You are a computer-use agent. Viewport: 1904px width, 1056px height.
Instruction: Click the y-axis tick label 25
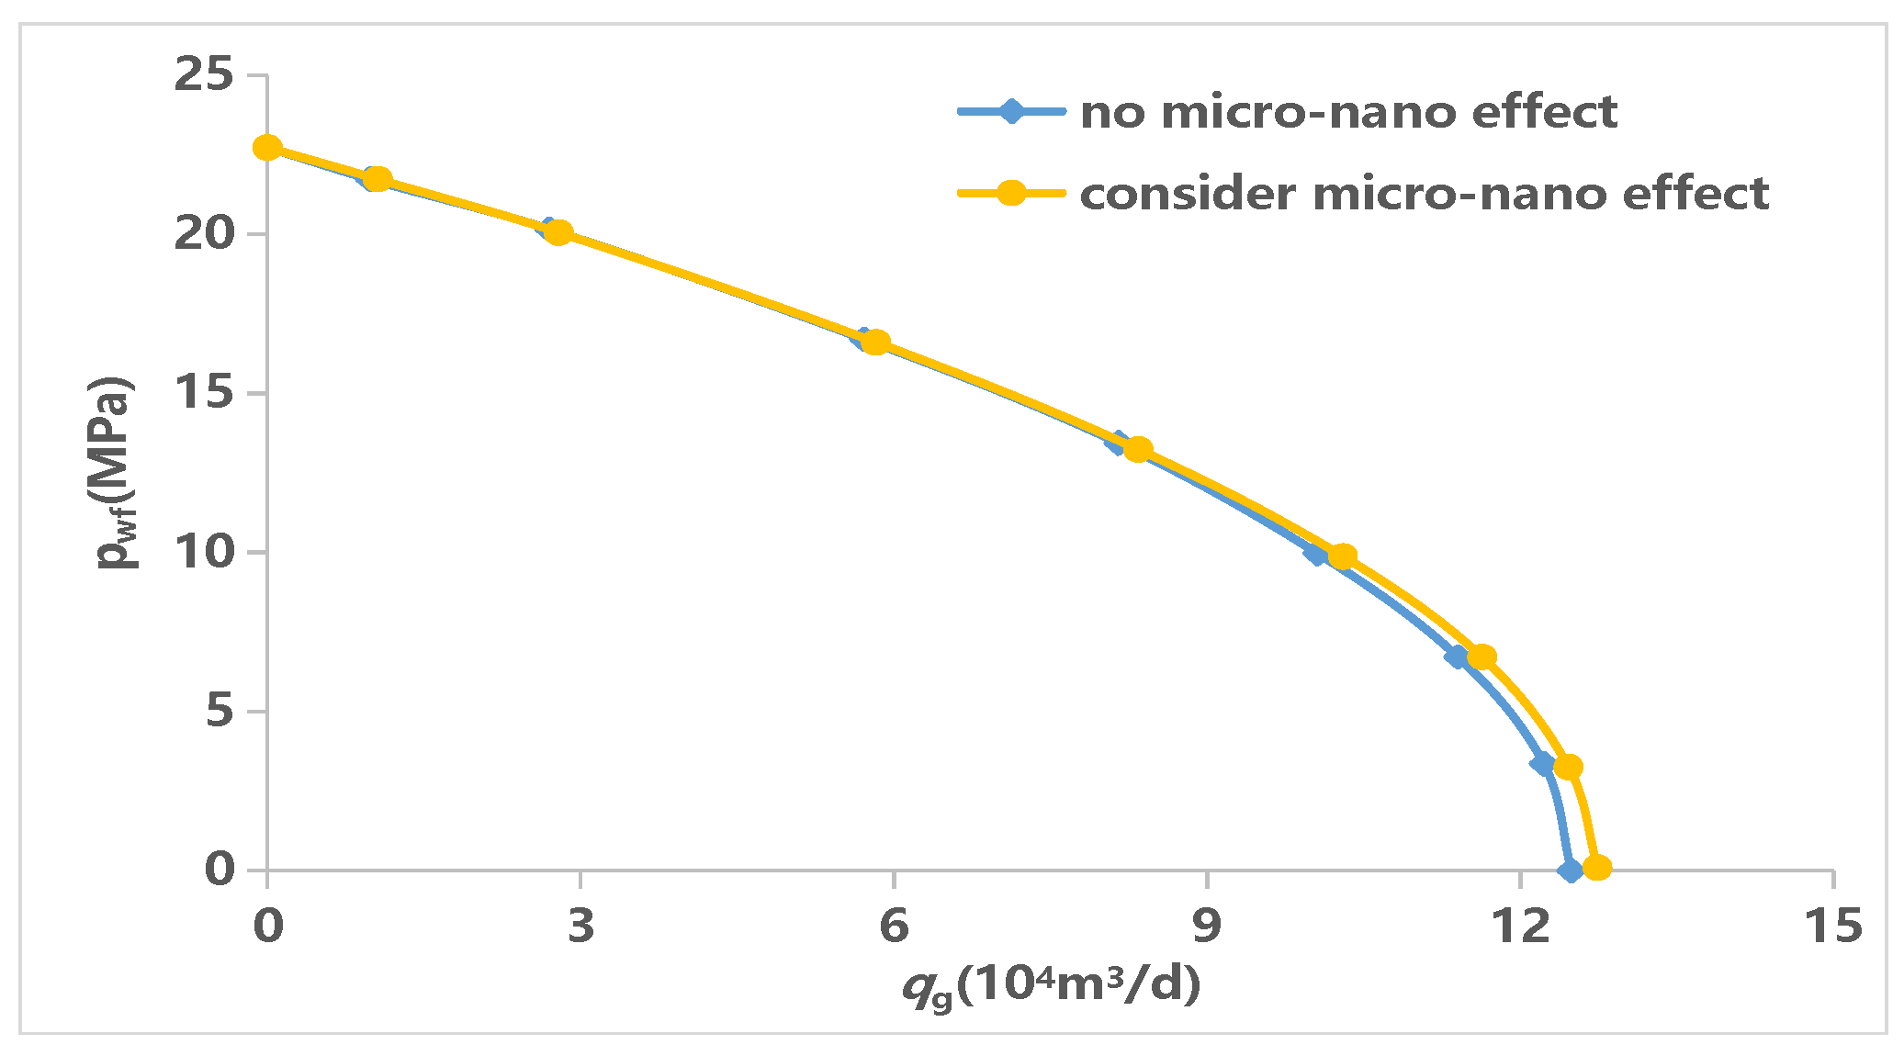204,74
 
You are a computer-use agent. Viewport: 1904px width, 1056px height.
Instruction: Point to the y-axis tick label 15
204,393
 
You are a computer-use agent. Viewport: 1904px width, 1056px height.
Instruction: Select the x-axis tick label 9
1206,926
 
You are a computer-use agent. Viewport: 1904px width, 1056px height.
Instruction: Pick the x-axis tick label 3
580,926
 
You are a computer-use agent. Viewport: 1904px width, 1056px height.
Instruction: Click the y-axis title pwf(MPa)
117,473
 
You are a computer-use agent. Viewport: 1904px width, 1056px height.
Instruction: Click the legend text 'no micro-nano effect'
1347,112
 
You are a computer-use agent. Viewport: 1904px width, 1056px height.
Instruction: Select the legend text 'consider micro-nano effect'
1424,194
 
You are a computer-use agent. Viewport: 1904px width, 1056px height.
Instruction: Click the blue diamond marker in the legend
1010,112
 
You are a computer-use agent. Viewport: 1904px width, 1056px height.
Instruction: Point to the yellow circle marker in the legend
1010,193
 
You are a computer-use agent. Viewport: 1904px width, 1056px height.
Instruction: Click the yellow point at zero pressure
1597,868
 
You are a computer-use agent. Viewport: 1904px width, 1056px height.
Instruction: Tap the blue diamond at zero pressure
1571,871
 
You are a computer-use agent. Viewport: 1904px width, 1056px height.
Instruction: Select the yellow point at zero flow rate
267,148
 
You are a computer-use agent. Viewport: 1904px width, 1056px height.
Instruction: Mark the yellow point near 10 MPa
1342,556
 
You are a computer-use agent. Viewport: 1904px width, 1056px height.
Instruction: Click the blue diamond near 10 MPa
1316,554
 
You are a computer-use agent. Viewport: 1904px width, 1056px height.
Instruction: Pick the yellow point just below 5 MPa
1568,767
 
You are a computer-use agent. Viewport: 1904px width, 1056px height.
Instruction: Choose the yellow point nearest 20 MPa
558,232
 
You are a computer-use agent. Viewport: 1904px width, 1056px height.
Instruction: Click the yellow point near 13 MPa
1138,449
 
